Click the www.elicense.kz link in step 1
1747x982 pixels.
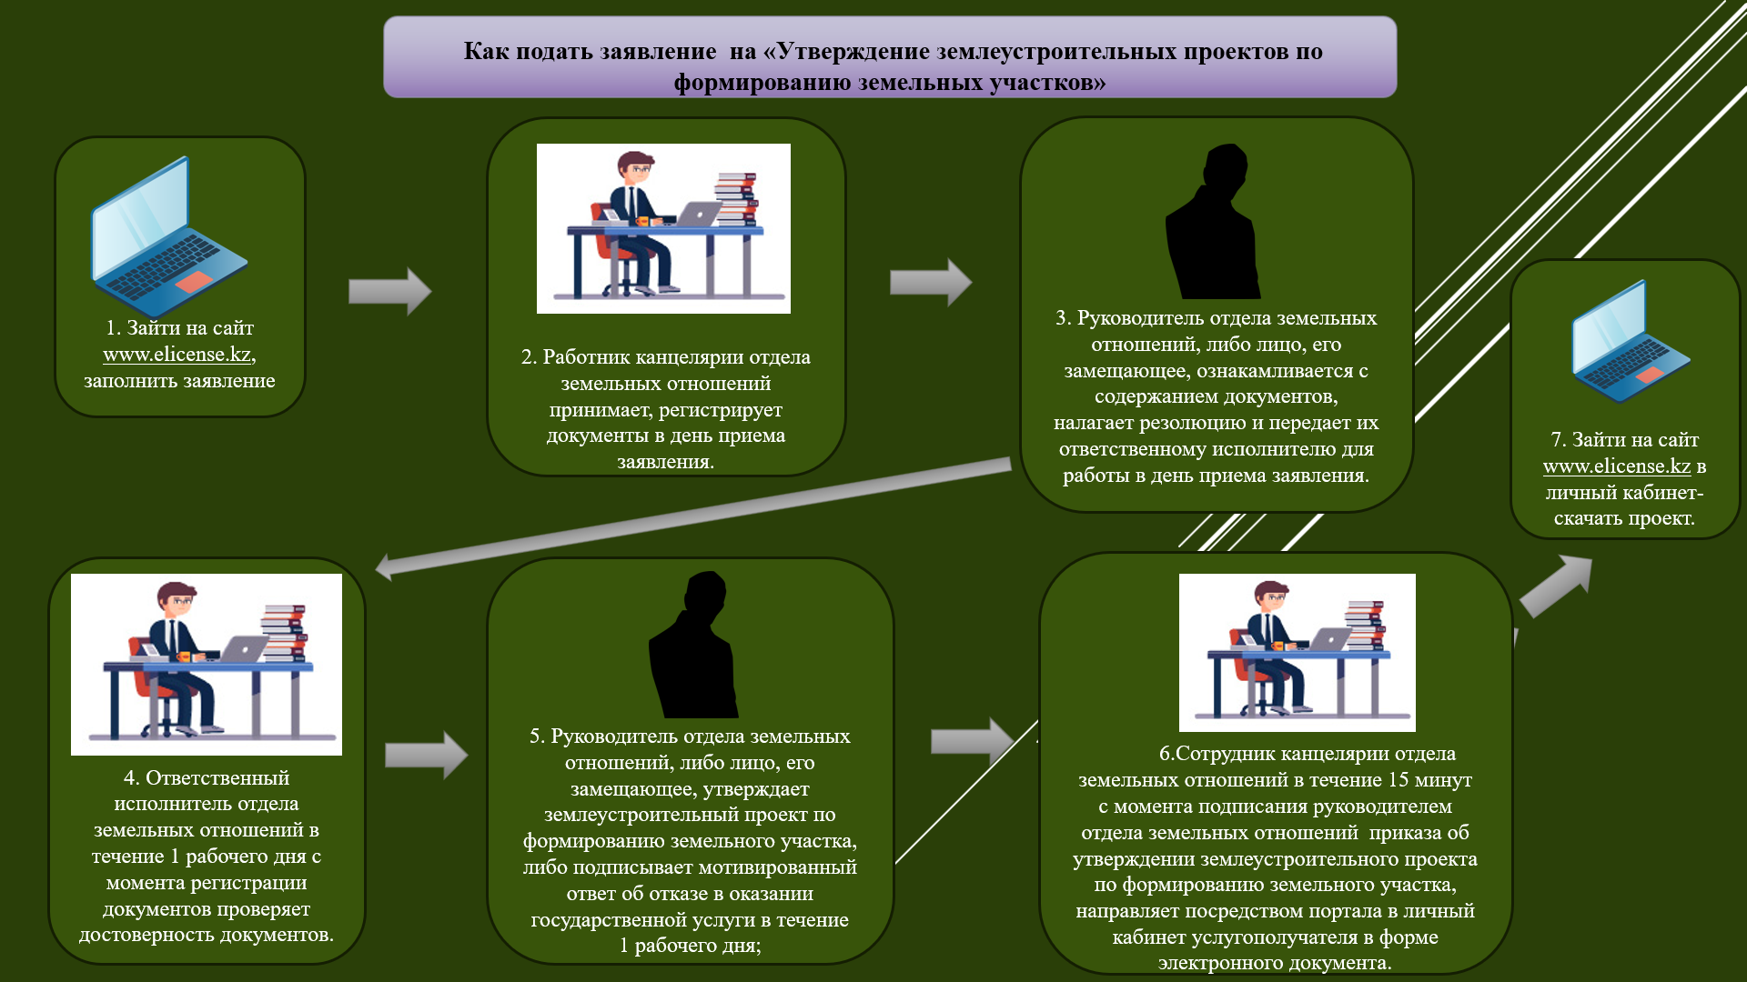point(177,355)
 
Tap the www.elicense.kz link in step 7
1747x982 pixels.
point(1616,466)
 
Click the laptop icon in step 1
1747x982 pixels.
point(167,238)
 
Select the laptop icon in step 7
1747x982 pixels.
point(1629,342)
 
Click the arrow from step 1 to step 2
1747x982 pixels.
point(389,291)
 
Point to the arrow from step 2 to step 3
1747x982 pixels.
point(930,282)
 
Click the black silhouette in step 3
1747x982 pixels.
point(1215,223)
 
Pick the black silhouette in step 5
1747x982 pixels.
point(692,646)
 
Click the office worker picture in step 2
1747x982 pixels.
point(663,228)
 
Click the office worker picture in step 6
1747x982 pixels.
point(1297,652)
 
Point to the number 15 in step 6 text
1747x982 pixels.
point(1399,780)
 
